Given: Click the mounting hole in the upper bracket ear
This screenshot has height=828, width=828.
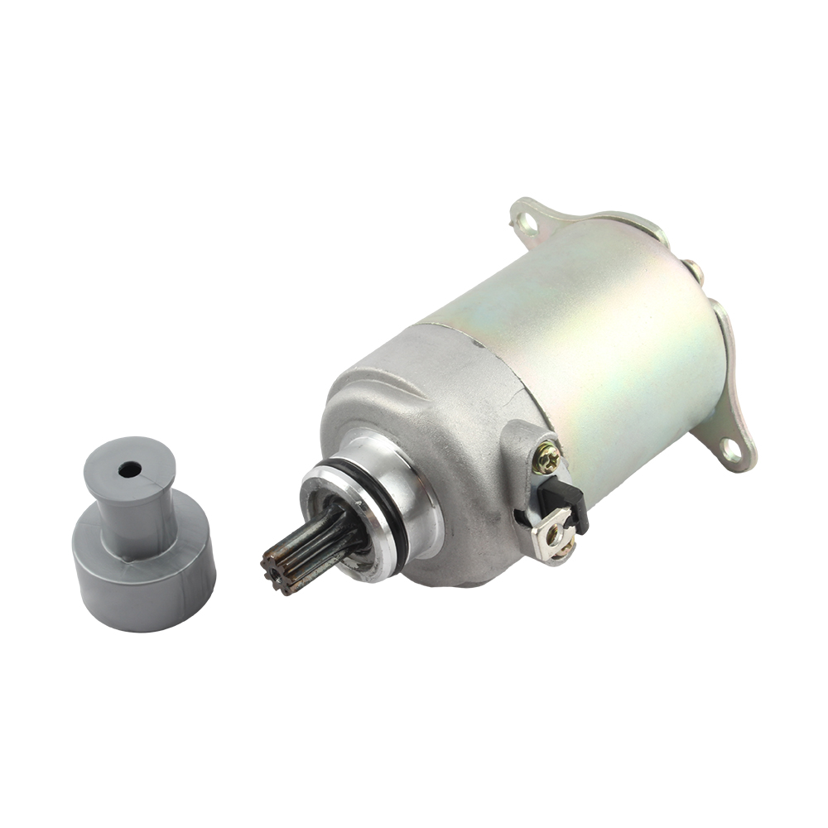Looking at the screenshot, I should [523, 220].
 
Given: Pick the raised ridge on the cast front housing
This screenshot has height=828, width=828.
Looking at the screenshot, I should [373, 373].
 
